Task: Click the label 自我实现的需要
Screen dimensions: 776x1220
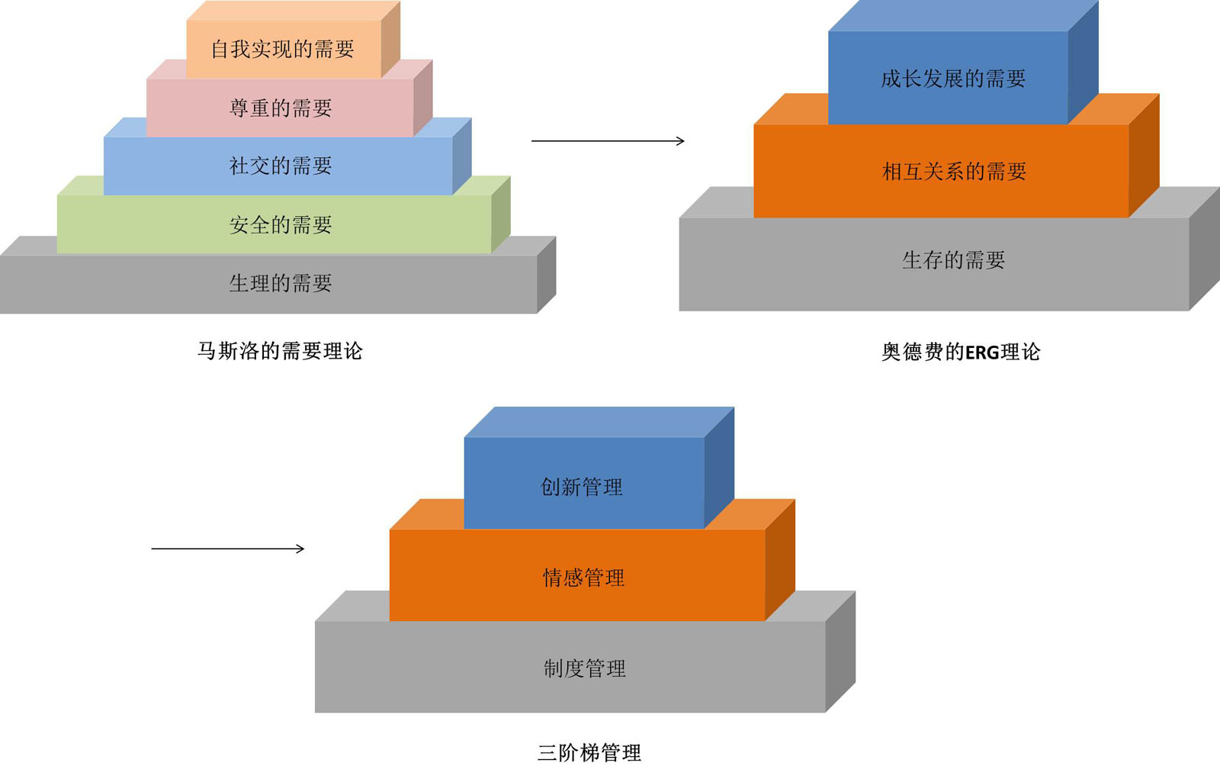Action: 283,50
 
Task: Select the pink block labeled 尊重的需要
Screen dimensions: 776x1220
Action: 281,108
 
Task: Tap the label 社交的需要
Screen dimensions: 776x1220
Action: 281,166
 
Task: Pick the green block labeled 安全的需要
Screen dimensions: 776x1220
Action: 281,225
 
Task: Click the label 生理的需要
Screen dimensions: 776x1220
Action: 281,284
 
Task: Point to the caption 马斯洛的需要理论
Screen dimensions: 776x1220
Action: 280,351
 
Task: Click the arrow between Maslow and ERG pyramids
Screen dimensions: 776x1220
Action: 607,141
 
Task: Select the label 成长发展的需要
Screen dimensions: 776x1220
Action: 953,79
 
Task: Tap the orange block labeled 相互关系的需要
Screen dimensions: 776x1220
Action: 953,172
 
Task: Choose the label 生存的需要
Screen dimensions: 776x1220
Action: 953,261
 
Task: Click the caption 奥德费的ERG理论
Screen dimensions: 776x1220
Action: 961,352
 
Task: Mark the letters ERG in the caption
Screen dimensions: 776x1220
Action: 982,353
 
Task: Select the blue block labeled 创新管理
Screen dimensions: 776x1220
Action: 582,487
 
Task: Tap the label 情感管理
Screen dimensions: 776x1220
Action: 583,578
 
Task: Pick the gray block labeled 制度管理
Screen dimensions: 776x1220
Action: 584,669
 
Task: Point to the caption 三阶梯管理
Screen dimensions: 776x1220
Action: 589,753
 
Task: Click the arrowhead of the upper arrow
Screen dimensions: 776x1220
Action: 680,141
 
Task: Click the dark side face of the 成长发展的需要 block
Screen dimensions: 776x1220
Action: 1083,65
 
